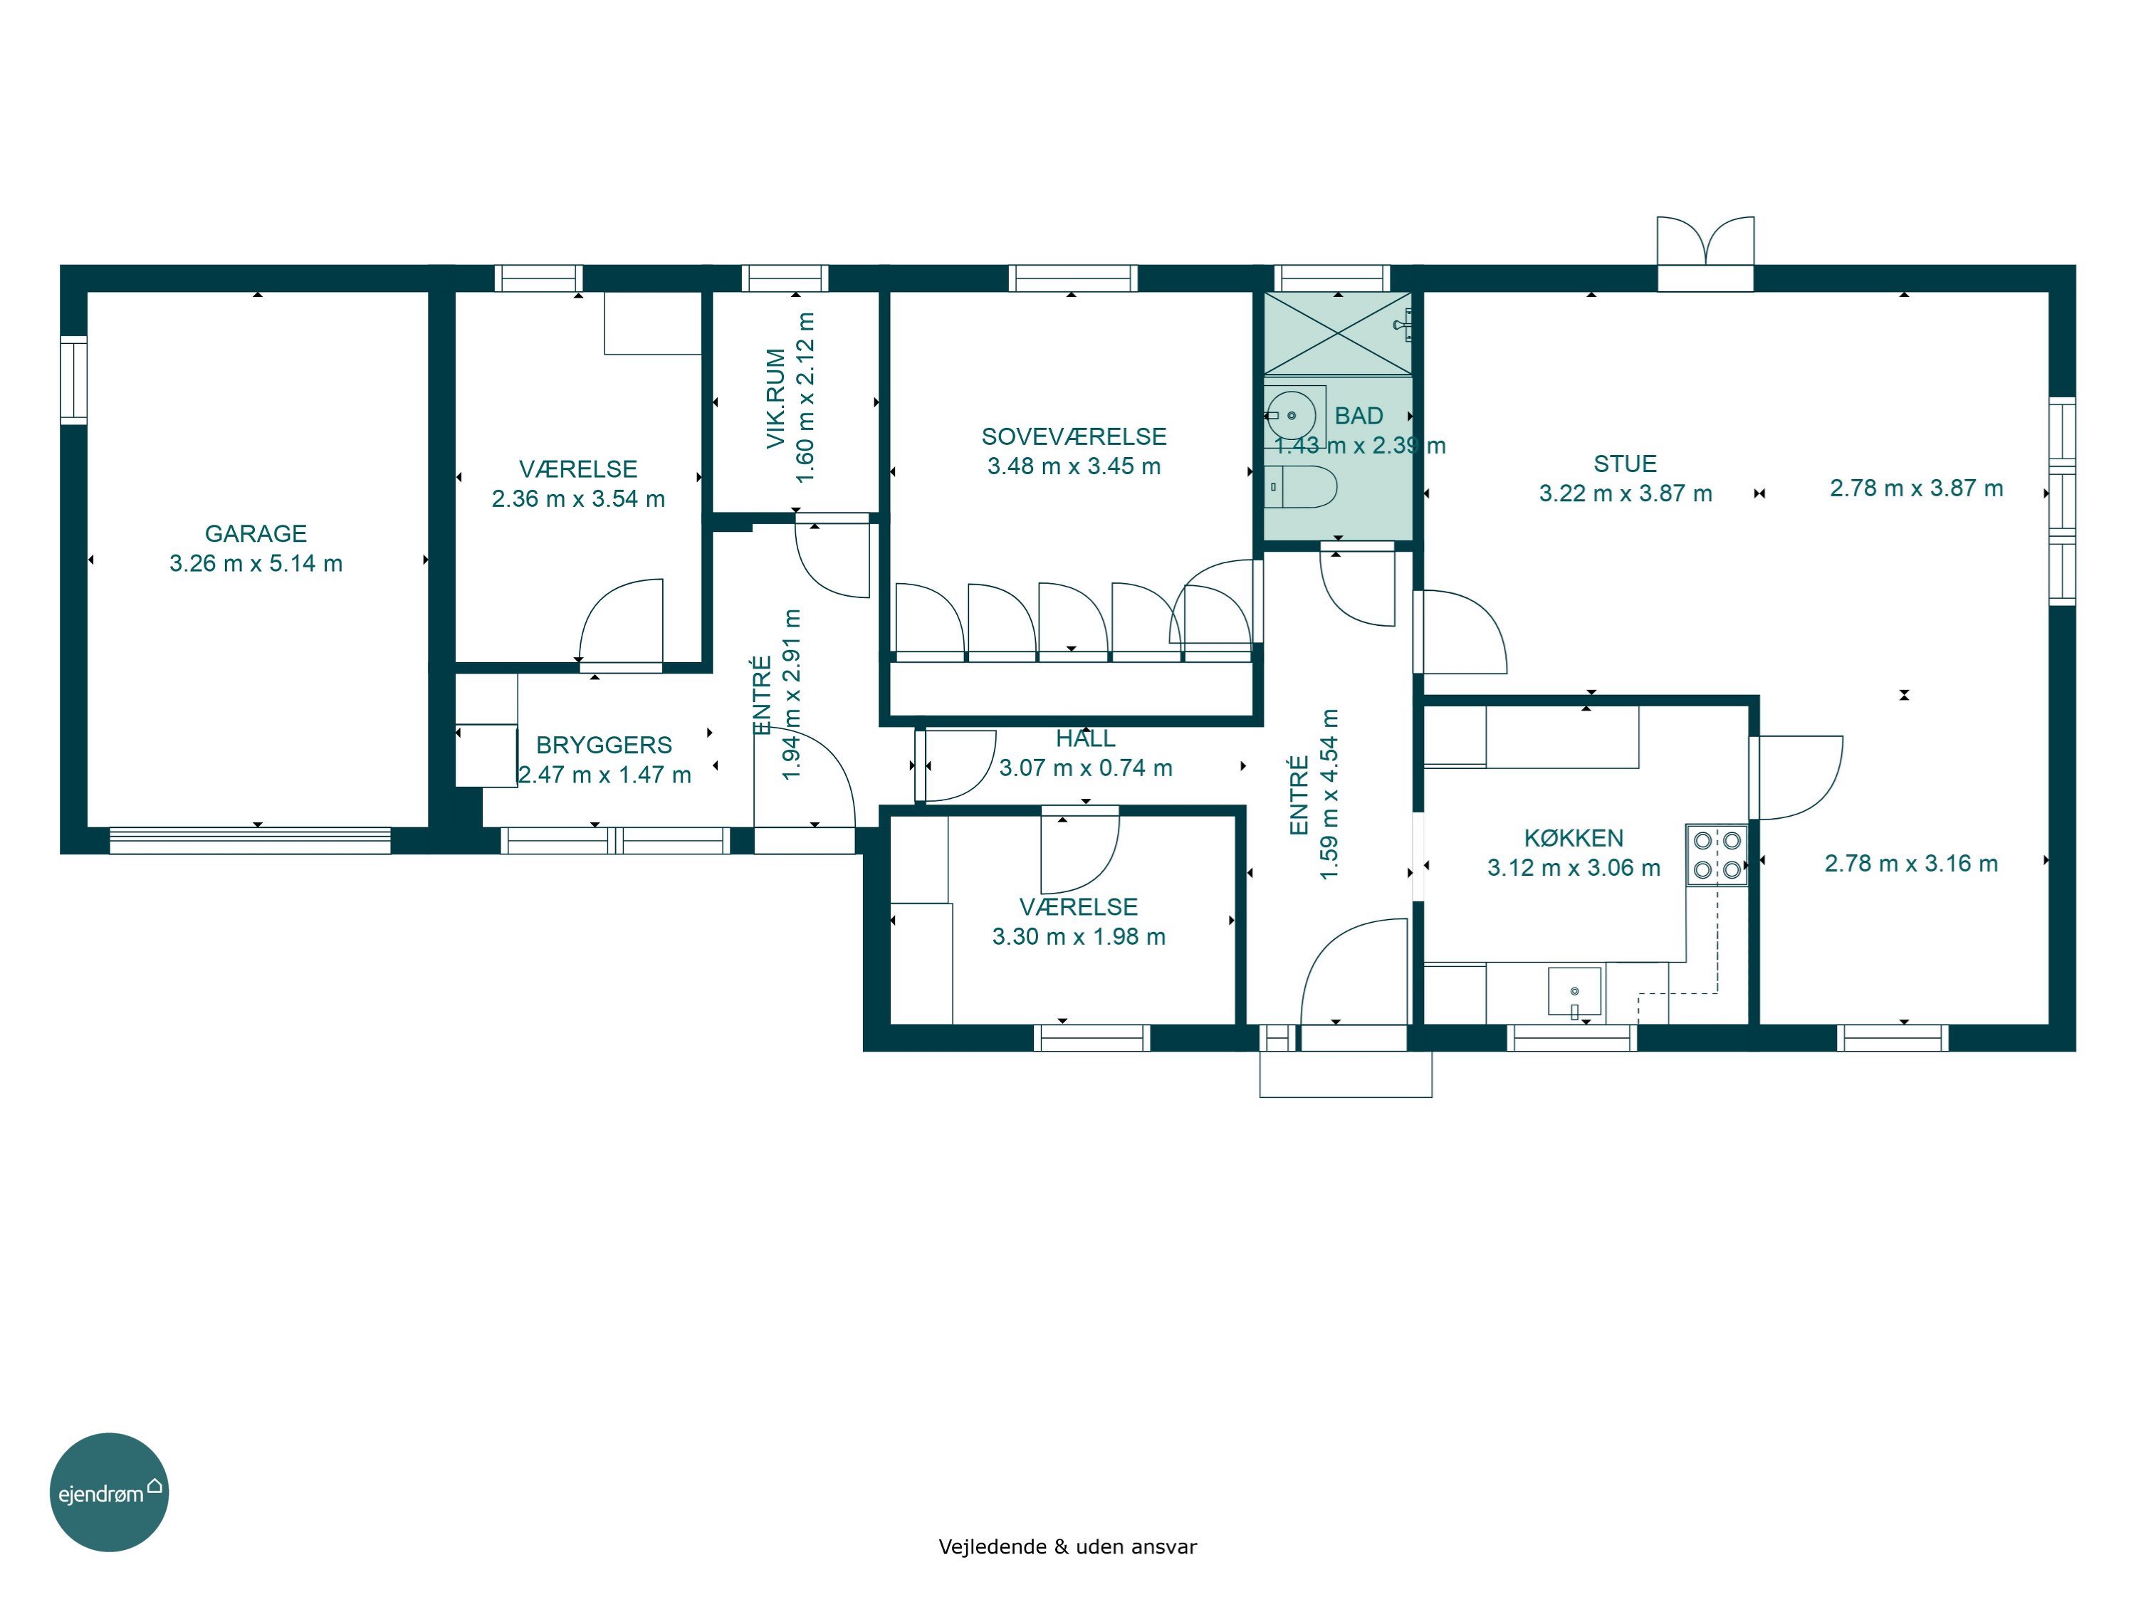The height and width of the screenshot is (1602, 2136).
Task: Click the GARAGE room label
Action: (x=256, y=533)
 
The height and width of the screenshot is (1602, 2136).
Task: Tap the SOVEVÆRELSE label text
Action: (x=1074, y=436)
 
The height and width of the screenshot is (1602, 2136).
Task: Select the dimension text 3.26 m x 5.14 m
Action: (x=256, y=563)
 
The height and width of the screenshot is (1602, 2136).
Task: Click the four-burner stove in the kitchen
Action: (x=1717, y=854)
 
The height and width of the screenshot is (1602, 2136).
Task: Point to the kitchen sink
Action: (x=1574, y=991)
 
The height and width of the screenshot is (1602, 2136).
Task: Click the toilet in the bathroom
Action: (x=1301, y=487)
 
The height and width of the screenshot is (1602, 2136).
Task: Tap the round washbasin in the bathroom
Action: (x=1292, y=415)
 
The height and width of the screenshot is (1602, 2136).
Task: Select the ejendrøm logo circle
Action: (x=109, y=1492)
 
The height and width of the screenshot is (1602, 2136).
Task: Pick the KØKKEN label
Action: (x=1574, y=838)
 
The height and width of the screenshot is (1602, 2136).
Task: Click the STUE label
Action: (x=1625, y=464)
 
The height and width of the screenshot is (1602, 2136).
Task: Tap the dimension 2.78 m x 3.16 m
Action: (x=1911, y=863)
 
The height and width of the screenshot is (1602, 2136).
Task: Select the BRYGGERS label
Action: (x=604, y=745)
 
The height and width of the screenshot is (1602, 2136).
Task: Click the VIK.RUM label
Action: (x=775, y=399)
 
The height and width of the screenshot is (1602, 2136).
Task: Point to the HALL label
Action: (x=1085, y=739)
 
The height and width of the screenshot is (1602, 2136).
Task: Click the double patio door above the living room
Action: (x=1705, y=253)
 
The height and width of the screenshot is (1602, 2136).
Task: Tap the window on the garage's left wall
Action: (x=73, y=379)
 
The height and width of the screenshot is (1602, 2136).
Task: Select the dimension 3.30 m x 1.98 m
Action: (x=1079, y=937)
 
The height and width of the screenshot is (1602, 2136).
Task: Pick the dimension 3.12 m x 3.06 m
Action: (x=1574, y=867)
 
